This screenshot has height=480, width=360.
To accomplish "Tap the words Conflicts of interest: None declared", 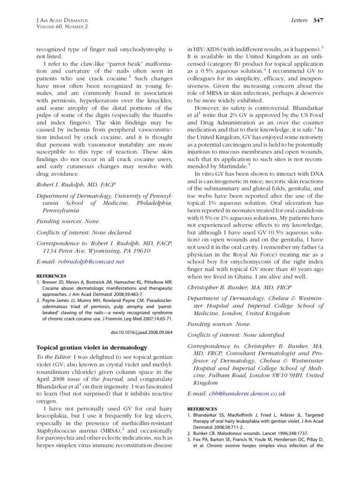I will [x=84, y=232].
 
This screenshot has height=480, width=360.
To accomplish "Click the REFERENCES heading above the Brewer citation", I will [x=52, y=276].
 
